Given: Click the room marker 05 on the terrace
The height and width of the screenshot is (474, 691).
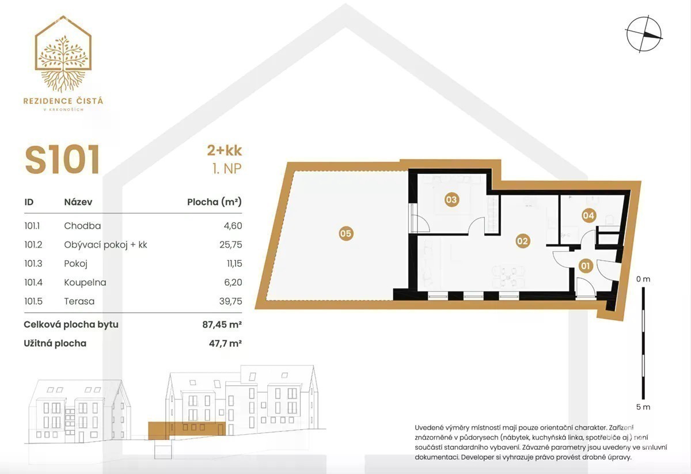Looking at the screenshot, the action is (x=345, y=233).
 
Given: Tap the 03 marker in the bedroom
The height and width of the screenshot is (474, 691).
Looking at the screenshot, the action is (x=451, y=200).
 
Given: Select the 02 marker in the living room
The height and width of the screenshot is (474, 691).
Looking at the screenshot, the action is (x=522, y=241).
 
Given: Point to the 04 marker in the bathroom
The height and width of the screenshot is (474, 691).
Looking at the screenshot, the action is (x=589, y=215).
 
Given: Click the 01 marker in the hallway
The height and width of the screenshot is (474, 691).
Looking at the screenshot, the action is (x=585, y=266).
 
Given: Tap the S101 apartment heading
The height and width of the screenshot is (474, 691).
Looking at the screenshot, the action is (x=62, y=160).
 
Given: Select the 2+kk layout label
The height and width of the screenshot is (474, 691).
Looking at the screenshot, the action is (x=224, y=150).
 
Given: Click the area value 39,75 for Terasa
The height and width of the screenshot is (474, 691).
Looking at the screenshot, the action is (x=231, y=301).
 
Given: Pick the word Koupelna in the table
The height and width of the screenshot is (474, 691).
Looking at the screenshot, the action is (x=85, y=282).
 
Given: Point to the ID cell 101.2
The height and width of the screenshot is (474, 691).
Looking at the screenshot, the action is (x=33, y=245).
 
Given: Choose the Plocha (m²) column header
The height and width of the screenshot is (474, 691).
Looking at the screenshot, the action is (x=214, y=202).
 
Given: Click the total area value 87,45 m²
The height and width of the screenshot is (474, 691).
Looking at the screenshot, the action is (x=222, y=325).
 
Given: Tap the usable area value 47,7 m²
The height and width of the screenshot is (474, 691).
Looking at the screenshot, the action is (x=225, y=343).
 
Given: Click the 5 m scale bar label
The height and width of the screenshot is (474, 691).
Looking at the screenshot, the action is (x=643, y=407).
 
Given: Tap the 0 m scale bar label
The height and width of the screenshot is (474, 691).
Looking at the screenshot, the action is (x=643, y=279).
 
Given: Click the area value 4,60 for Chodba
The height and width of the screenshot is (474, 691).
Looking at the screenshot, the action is (x=233, y=226).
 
